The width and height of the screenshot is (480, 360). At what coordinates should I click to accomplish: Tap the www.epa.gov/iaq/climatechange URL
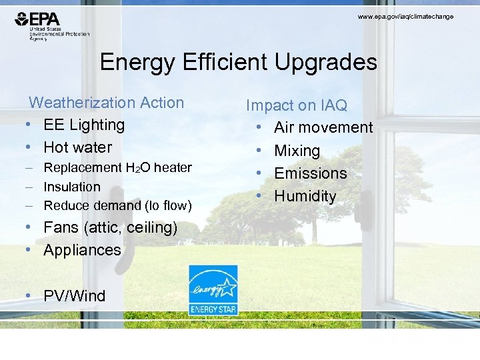pos(405,16)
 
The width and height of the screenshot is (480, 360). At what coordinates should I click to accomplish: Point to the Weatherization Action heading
pos(107,103)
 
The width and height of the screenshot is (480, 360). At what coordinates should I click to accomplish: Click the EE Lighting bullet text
pos(84,125)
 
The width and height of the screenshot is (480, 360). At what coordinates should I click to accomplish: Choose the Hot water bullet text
pos(78,147)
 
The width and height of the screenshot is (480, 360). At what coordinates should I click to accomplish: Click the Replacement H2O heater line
pos(117,168)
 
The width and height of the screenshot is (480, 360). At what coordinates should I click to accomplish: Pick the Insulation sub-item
pos(72,187)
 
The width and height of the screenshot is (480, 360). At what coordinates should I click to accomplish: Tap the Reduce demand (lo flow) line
pos(117,205)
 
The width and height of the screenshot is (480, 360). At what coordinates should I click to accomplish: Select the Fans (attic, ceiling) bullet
pos(111,227)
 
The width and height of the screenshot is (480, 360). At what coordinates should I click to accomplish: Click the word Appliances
pos(83,250)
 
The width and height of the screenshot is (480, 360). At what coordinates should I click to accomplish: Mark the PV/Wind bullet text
pos(75,296)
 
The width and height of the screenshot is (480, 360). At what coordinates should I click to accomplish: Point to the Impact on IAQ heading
pos(297,105)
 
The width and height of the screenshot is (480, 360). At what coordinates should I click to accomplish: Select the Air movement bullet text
pos(323,127)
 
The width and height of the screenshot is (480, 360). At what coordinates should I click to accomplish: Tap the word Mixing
pos(297,151)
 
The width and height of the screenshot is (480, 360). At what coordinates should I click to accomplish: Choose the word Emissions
pos(311,173)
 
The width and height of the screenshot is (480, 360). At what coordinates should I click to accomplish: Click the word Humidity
pos(305,196)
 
